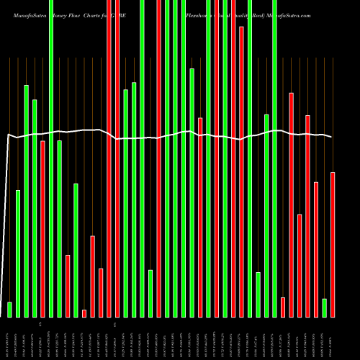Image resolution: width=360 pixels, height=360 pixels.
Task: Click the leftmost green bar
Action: pos(9,310)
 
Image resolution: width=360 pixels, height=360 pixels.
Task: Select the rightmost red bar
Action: pos(333,245)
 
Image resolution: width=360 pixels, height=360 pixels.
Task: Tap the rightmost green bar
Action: pos(325,307)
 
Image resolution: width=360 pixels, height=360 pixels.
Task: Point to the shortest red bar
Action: pos(84,313)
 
